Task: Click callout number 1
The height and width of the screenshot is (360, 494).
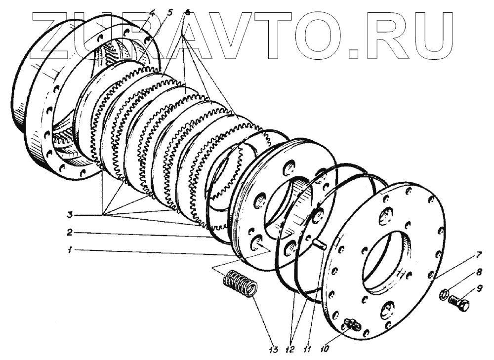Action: click(x=71, y=250)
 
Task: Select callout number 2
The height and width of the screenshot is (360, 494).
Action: click(x=71, y=232)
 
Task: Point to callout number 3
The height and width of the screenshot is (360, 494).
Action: click(x=71, y=215)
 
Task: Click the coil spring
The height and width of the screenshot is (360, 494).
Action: click(x=240, y=285)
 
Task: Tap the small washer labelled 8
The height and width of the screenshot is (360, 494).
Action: click(x=443, y=295)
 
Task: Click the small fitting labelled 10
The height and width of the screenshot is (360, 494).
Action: click(x=352, y=324)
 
